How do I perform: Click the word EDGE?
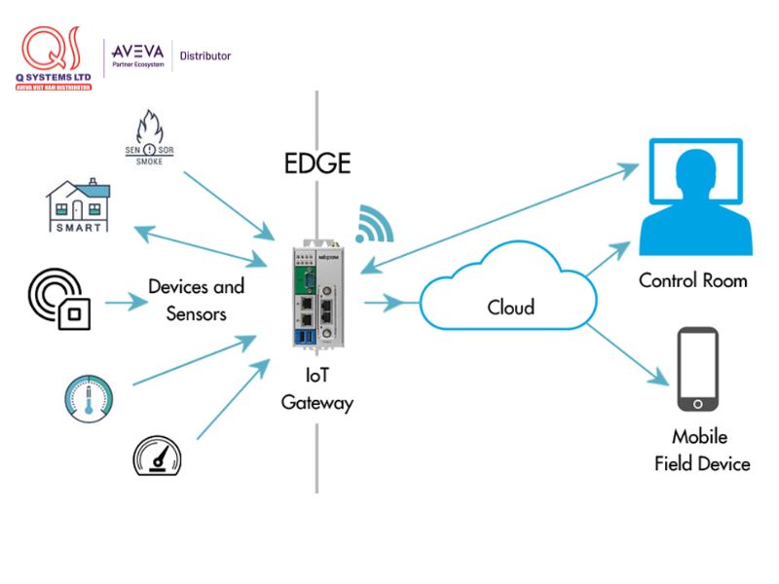(316, 163)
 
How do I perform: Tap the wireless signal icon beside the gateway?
(373, 224)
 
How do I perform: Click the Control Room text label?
(693, 280)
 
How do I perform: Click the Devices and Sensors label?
(196, 300)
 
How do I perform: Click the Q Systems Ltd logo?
(55, 59)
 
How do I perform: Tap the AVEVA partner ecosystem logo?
(138, 55)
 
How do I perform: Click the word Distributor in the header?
(205, 55)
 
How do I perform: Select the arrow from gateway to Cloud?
(388, 304)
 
